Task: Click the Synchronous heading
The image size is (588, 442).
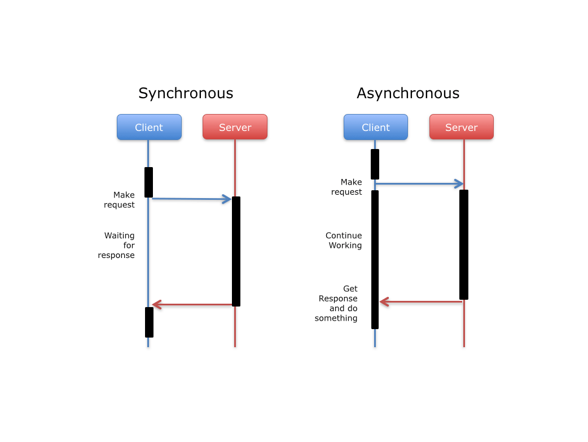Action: click(186, 93)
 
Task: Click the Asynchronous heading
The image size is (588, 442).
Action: click(408, 93)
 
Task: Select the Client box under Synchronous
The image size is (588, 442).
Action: click(149, 127)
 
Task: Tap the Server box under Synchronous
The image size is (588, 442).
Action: click(235, 127)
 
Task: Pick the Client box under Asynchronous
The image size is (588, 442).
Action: click(376, 127)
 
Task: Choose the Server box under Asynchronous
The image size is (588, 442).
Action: click(462, 127)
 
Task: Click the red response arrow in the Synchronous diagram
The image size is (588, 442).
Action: click(192, 305)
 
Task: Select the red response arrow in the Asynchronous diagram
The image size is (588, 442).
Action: click(420, 302)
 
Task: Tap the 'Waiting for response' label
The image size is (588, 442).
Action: click(117, 245)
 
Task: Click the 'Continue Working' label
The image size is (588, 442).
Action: click(344, 240)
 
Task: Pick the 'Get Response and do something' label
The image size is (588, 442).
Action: click(337, 303)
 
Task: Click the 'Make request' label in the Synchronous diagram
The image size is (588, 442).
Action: click(120, 200)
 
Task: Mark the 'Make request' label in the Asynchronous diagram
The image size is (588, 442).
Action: click(347, 187)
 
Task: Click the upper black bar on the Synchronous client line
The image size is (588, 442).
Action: click(149, 182)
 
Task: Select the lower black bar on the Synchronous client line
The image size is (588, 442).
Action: click(149, 322)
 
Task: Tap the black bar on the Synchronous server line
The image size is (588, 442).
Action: click(236, 251)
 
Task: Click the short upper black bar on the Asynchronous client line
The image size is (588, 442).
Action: click(375, 164)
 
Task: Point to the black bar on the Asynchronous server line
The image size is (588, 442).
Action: click(464, 244)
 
